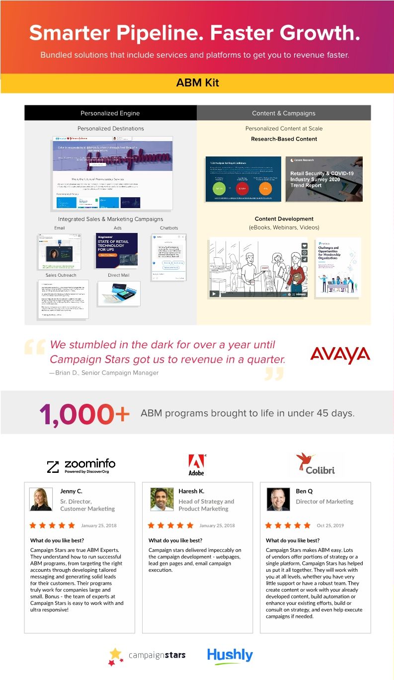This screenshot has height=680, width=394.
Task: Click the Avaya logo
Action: (x=340, y=355)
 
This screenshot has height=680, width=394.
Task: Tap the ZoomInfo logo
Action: (x=81, y=465)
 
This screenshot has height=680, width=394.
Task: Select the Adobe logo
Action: (x=196, y=464)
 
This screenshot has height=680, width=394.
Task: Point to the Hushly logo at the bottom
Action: (x=230, y=655)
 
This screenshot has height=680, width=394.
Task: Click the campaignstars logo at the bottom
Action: (x=147, y=656)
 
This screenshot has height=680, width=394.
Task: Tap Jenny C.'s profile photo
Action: (x=41, y=499)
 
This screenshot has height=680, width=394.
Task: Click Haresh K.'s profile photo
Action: (x=162, y=499)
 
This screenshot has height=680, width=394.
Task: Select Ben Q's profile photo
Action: (x=278, y=499)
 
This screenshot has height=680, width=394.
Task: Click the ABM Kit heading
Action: (x=197, y=83)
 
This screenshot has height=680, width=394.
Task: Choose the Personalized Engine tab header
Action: (x=110, y=113)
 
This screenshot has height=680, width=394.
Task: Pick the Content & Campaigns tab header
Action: (x=284, y=113)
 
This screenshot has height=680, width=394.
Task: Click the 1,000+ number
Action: (x=84, y=414)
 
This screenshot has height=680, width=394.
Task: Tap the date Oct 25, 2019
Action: (x=330, y=526)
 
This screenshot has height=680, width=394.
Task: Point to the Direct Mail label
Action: (x=118, y=275)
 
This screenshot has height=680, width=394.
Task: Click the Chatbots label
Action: (x=169, y=228)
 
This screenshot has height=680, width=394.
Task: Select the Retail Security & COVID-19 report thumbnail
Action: (x=324, y=179)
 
